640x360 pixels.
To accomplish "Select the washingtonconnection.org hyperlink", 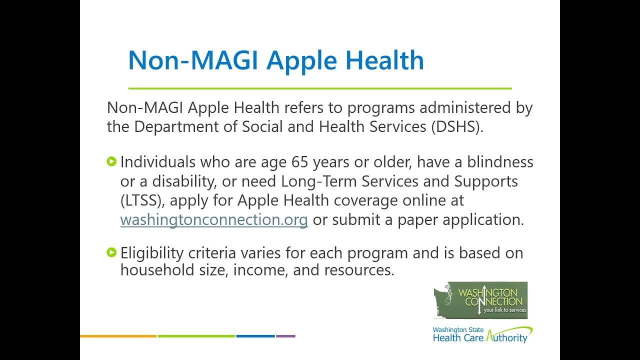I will (214, 220).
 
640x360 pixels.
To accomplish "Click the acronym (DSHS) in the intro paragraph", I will (457, 127).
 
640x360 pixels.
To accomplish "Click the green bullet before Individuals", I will (112, 161).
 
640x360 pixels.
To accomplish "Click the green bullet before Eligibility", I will (112, 252).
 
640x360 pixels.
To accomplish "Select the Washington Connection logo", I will (480, 300).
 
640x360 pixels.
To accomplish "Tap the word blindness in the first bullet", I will (500, 162).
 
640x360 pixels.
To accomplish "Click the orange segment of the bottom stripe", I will (118, 336).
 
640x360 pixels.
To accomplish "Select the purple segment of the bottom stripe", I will (285, 336).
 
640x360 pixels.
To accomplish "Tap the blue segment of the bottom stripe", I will (255, 336).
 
